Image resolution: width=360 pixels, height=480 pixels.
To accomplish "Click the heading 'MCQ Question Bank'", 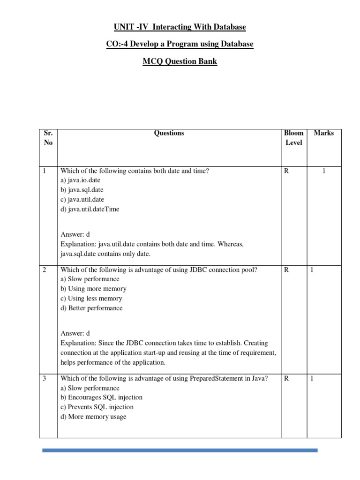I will pos(180,61).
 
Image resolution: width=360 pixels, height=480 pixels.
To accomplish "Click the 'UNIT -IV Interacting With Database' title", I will pos(180,27).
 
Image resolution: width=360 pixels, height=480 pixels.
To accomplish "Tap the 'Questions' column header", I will pos(169,133).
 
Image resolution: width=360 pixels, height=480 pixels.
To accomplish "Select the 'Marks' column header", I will pos(324,133).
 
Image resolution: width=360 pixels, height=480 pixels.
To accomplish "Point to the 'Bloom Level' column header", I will pos(294,138).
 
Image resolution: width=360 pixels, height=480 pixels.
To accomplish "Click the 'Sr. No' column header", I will pos(48,138).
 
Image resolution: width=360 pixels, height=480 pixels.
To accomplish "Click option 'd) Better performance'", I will pos(91,308).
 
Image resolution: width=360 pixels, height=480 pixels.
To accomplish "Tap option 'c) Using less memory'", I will pos(91,299).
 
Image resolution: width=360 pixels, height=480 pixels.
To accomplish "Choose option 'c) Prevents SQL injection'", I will pos(97,407).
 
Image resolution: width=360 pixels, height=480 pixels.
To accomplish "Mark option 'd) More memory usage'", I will pos(93,417).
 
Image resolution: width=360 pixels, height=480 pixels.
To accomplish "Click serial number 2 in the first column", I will pos(45,270).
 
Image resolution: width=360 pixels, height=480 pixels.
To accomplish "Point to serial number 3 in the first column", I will pos(45,379).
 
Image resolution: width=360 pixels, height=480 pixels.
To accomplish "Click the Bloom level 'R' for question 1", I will pos(286,171).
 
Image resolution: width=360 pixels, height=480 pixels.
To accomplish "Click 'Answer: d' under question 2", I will pos(75,333).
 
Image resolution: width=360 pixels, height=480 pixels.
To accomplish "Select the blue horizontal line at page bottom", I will pos(180,450).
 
